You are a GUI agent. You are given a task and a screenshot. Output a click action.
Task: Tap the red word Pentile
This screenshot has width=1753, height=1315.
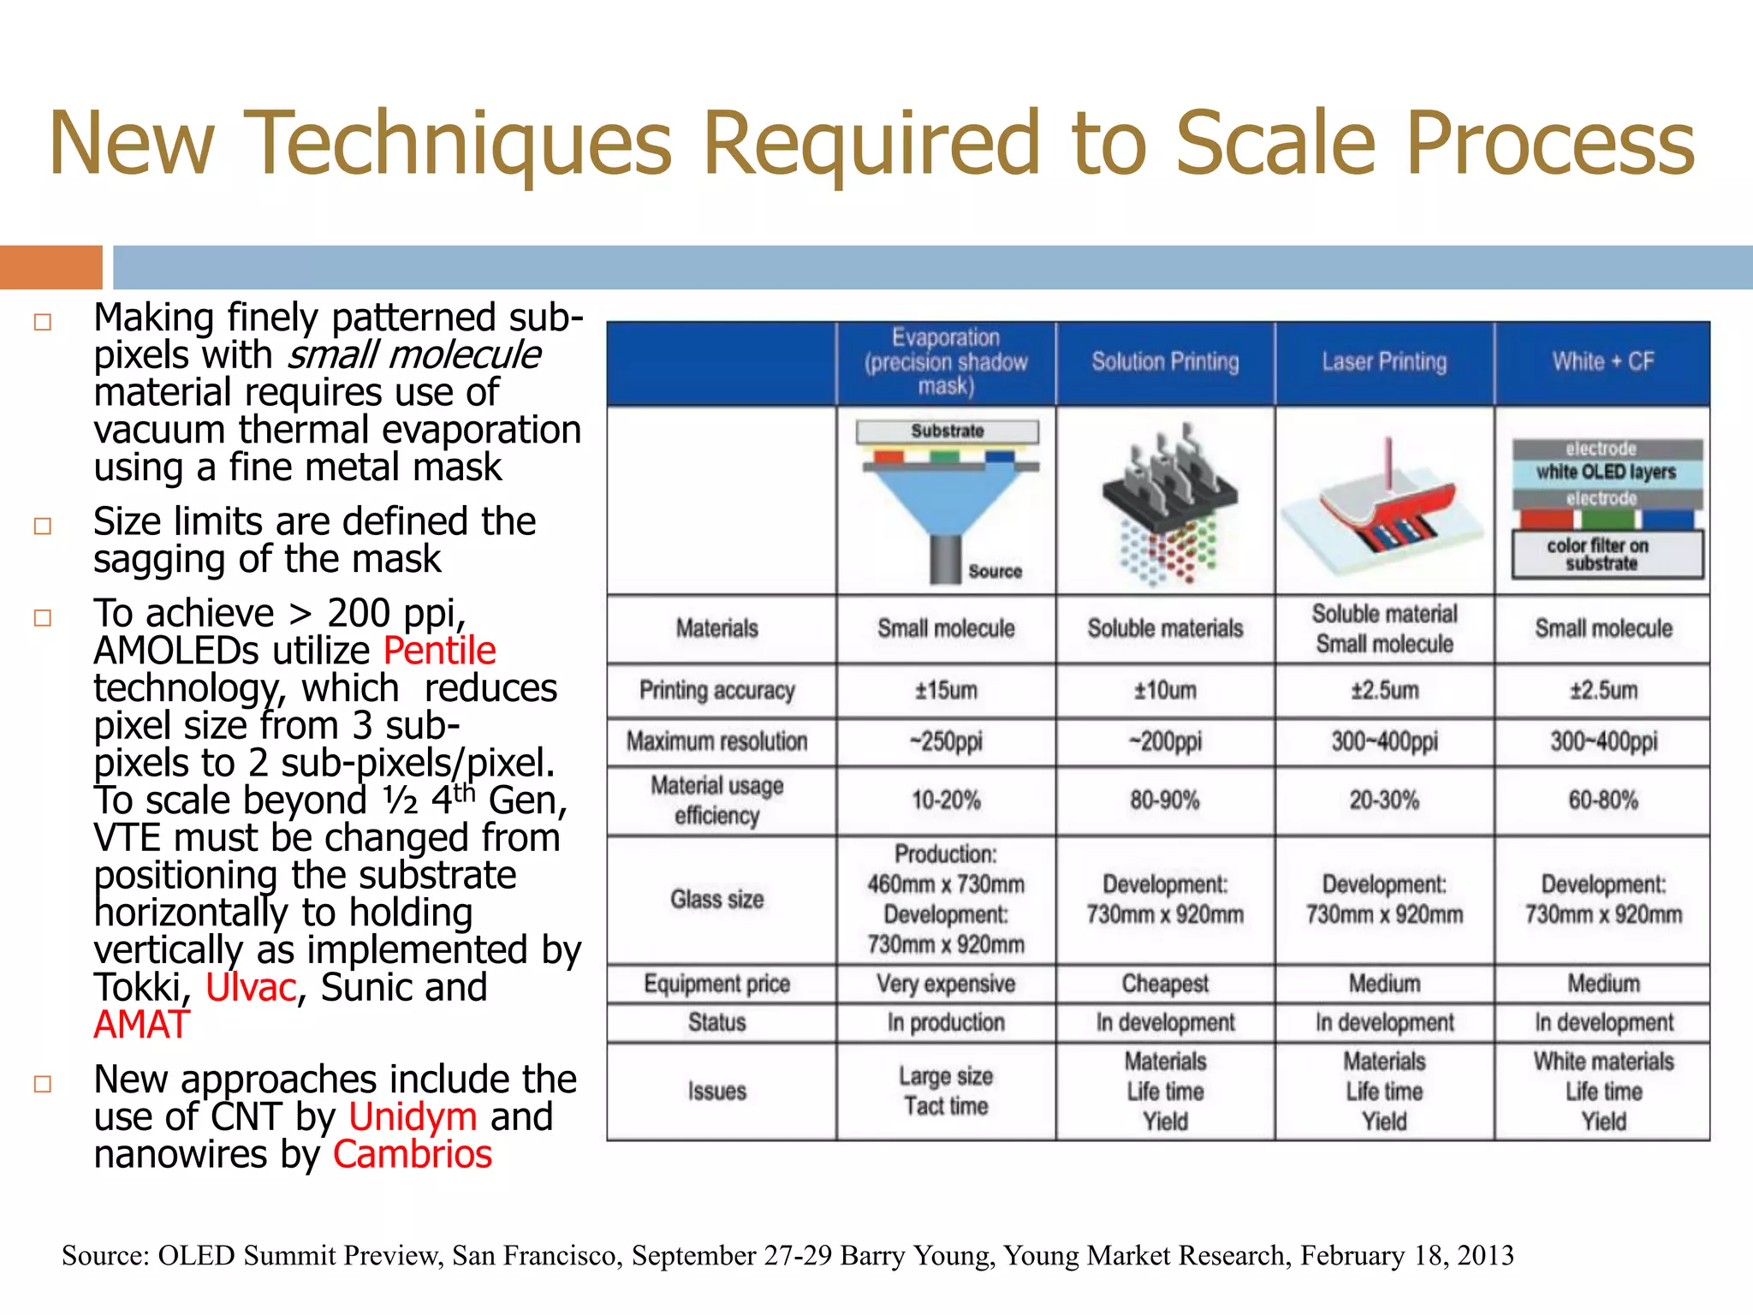point(439,652)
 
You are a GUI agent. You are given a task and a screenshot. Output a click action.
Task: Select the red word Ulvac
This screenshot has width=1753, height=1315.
point(250,988)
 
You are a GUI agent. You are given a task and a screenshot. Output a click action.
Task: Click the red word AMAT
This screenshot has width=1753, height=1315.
point(141,1026)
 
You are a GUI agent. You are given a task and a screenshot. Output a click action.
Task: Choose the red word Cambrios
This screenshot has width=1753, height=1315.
point(413,1155)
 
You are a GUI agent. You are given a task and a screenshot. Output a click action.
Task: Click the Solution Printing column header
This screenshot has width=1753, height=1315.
point(1165,362)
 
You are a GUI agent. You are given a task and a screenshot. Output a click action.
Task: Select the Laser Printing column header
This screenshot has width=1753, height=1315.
point(1384,362)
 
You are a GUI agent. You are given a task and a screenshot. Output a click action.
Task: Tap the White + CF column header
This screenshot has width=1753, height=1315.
point(1602,362)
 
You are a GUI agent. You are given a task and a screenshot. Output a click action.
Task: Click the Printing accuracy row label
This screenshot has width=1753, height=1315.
point(717,691)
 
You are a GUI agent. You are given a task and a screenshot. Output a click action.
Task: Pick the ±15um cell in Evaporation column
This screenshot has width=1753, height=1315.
point(946,691)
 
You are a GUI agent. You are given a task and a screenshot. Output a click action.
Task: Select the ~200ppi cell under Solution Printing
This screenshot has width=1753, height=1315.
point(1165,741)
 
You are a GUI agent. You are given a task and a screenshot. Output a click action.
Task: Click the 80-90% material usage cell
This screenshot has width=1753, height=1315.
point(1165,800)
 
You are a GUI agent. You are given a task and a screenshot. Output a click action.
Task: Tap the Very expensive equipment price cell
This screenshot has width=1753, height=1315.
point(946,985)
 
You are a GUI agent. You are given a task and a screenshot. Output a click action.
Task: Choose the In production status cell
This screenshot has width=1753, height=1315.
point(946,1023)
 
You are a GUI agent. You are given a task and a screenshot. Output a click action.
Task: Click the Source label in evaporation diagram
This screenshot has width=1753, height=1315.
point(995,571)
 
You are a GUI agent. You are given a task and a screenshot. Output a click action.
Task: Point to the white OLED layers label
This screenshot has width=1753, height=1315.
point(1606,472)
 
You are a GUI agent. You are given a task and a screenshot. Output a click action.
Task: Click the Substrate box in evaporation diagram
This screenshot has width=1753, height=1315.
point(948,431)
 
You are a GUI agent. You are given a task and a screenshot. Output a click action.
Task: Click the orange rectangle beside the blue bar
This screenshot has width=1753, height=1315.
point(51,267)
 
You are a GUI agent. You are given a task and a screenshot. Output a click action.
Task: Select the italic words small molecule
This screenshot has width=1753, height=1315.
point(413,355)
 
